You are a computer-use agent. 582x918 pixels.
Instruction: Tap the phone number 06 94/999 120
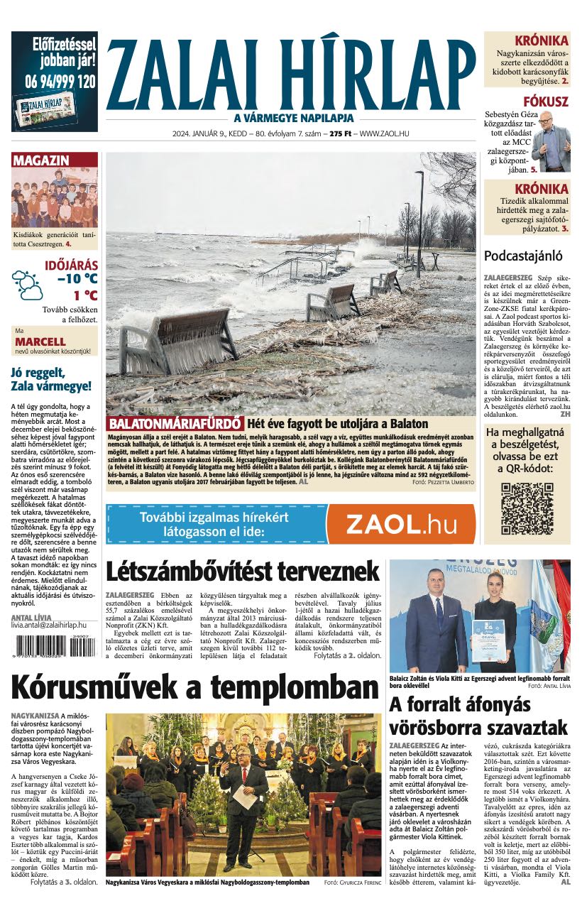[x=55, y=81]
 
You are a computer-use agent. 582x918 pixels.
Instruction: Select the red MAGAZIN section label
[x=41, y=160]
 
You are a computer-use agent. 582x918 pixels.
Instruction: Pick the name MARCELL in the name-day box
[x=40, y=341]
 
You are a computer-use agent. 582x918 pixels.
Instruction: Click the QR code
[x=527, y=508]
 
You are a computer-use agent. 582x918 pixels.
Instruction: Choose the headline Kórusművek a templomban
[x=195, y=687]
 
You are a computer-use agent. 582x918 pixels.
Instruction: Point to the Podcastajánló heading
[x=522, y=256]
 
